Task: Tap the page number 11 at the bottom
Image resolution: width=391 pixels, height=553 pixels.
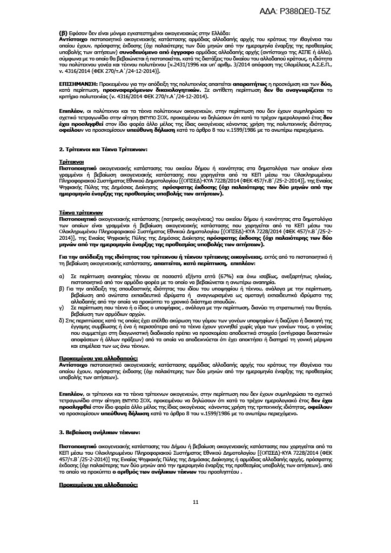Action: pyautogui.click(x=195, y=502)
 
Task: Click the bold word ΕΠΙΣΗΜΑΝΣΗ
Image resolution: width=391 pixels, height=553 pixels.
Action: pyautogui.click(x=78, y=85)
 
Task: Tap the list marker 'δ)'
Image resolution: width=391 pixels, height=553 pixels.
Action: pyautogui.click(x=62, y=320)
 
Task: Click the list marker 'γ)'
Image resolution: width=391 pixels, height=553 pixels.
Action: pyautogui.click(x=61, y=306)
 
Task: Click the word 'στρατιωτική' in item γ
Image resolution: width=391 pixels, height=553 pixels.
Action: pyautogui.click(x=299, y=306)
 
